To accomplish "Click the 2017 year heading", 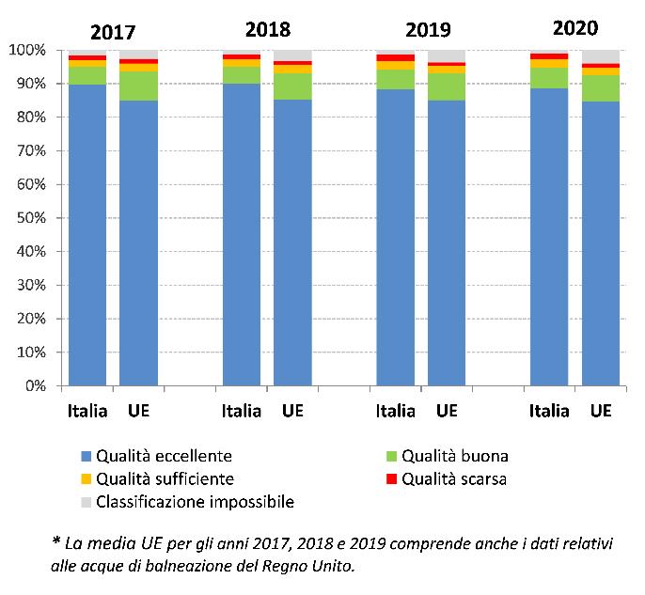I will tap(114, 32).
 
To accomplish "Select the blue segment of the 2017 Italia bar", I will tap(87, 235).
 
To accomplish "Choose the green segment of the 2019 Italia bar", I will tap(395, 79).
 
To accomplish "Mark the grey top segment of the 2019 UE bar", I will tap(447, 56).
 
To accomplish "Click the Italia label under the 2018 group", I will tap(242, 411).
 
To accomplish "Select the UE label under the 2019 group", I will tap(447, 411).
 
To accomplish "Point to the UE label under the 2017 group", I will tap(138, 411).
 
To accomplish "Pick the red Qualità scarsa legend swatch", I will tap(392, 479).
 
